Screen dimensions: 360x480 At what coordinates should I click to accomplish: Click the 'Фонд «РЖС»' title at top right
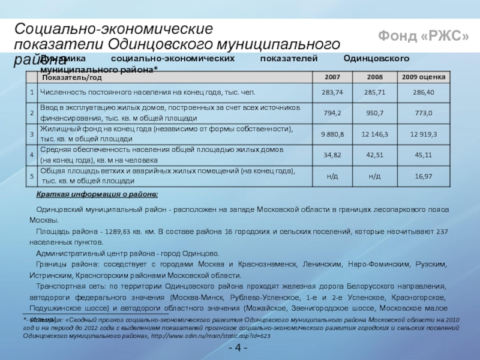(423, 37)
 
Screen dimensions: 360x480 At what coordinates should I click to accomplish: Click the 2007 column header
(332, 77)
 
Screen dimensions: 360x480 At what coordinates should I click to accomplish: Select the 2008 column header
(374, 77)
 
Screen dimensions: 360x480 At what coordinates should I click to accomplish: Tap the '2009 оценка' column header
(423, 77)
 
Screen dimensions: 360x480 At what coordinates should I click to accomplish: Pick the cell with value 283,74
(332, 92)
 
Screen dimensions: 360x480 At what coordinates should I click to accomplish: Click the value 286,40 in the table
(423, 92)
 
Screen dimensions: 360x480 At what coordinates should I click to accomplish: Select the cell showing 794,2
(332, 112)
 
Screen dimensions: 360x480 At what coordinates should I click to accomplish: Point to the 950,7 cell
(374, 112)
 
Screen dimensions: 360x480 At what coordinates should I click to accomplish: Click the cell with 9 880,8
(332, 134)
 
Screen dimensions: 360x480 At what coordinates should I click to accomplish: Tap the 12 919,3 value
(423, 134)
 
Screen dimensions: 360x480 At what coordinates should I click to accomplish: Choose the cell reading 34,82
(332, 155)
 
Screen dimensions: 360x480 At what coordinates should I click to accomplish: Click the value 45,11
(423, 155)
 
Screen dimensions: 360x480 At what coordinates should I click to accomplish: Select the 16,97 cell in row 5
(423, 176)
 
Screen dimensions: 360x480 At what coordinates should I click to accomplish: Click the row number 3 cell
(32, 134)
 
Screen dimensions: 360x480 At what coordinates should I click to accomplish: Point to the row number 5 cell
(32, 176)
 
